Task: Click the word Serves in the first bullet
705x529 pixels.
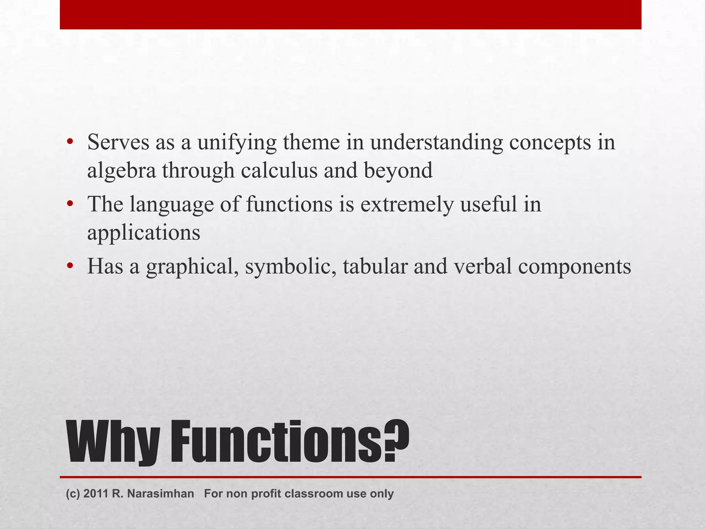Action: pyautogui.click(x=118, y=142)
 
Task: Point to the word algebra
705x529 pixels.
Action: pyautogui.click(x=122, y=170)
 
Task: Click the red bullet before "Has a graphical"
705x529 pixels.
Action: pyautogui.click(x=70, y=266)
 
